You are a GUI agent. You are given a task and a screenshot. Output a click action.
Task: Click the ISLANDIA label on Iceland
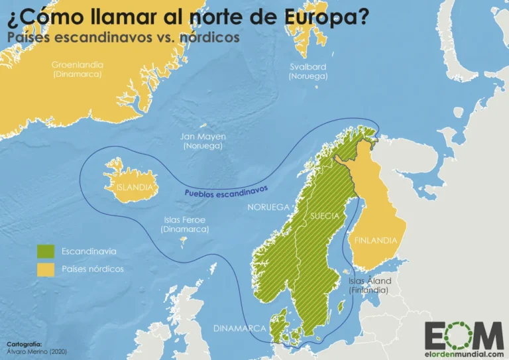135,187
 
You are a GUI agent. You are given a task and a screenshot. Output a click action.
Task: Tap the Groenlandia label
78,65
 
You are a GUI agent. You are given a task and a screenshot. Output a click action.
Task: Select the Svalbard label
308,67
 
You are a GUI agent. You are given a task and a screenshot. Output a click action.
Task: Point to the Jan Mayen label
203,137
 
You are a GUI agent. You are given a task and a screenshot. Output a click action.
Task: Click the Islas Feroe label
184,219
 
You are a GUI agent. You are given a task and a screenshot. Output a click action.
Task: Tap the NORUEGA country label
268,208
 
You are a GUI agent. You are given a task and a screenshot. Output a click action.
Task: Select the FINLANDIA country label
375,241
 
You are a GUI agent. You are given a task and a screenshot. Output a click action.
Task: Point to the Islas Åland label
369,281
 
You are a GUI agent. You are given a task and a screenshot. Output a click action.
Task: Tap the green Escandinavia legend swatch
45,251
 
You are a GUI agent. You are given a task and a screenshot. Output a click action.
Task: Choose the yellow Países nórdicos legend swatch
45,269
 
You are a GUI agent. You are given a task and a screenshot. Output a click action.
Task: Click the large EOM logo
463,334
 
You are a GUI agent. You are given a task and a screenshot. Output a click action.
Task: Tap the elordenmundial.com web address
463,353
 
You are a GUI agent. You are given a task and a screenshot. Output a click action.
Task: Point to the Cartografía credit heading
24,344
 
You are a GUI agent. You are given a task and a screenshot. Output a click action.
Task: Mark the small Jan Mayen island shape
205,126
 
